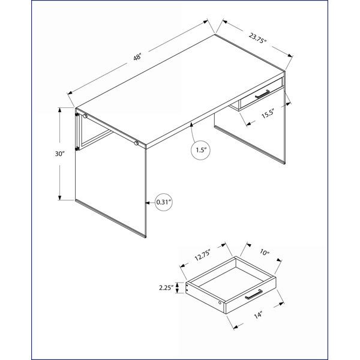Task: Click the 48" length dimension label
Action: pos(137,57)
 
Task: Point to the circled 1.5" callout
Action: pos(200,151)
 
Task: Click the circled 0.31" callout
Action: pos(164,202)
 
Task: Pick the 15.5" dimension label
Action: pos(268,113)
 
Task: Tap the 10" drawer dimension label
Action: pos(265,253)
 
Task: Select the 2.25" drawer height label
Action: pos(166,287)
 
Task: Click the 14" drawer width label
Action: pos(258,315)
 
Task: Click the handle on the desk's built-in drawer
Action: pos(262,94)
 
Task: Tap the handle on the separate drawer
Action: pos(254,295)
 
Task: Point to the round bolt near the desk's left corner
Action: pos(85,116)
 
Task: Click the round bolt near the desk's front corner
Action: pos(136,143)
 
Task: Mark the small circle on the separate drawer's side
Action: pos(220,303)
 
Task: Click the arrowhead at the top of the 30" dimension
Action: pos(59,110)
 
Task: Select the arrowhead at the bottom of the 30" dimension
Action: pos(59,197)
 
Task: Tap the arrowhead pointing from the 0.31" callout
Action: pos(148,203)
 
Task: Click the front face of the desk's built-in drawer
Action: pos(260,94)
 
